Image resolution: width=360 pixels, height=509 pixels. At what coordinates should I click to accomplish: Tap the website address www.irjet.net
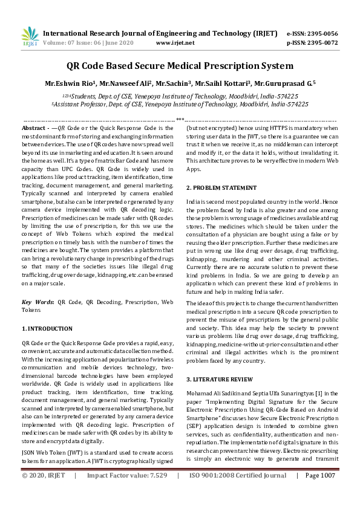(175, 43)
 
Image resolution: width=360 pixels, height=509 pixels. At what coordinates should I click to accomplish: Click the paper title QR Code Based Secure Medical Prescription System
(180, 66)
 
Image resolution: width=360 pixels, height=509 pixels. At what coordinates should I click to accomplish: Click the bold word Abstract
(33, 129)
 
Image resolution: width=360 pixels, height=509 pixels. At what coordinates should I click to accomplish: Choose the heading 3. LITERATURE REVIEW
(218, 379)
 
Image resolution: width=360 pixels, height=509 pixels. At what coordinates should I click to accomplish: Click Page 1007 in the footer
(320, 493)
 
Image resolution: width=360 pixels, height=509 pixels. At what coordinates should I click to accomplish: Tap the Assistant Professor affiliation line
(180, 104)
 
